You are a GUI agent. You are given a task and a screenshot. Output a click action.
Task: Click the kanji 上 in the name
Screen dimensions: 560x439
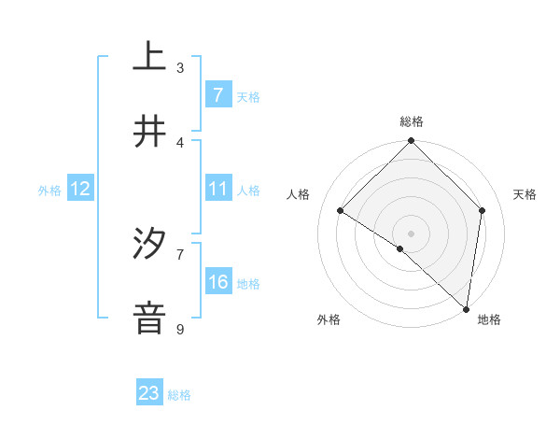[149, 56]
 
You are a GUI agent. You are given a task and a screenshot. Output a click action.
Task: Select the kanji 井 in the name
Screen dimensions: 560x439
[149, 132]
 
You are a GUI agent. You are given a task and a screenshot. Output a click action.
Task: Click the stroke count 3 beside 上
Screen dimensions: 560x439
[180, 67]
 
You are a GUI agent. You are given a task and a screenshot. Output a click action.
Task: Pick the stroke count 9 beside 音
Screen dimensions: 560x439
[180, 329]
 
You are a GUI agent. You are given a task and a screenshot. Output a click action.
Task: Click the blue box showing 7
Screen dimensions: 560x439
[217, 94]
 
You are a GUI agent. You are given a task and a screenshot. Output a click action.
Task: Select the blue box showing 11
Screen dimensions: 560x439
[217, 189]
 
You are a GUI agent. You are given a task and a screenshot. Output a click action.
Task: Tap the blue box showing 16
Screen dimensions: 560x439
[217, 282]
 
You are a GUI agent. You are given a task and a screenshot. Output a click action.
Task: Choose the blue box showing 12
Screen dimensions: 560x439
[80, 189]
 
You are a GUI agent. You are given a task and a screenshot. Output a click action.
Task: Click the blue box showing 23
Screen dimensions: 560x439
[149, 393]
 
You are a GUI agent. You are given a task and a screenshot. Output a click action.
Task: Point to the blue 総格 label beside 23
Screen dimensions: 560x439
[179, 395]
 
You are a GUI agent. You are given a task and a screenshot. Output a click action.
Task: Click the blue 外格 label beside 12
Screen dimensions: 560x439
[49, 190]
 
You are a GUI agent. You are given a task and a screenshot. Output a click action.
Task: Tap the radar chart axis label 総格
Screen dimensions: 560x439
[412, 121]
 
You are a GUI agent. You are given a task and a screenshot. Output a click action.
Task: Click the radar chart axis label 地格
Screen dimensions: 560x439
[489, 319]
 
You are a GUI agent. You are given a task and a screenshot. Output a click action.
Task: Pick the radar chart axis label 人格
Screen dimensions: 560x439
[299, 194]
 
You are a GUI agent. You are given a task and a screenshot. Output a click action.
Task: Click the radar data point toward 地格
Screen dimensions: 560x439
[466, 309]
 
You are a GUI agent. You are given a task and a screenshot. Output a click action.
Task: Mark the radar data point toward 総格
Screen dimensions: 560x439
[412, 142]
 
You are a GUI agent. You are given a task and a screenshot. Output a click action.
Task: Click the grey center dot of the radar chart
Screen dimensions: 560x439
[412, 233]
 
